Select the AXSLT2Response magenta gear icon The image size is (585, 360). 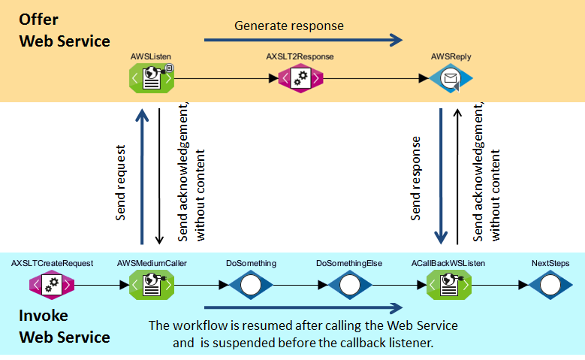point(300,77)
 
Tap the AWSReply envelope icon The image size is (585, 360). point(451,77)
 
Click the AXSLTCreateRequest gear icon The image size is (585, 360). point(51,285)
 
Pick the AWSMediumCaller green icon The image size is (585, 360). point(152,285)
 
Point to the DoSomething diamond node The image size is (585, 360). point(251,285)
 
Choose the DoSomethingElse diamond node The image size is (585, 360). point(349,285)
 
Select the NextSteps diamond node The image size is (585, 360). point(550,285)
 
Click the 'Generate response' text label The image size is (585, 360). point(288,26)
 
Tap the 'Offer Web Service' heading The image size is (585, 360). point(65,29)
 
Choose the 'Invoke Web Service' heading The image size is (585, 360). point(65,326)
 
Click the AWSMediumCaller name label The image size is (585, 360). point(152,264)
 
